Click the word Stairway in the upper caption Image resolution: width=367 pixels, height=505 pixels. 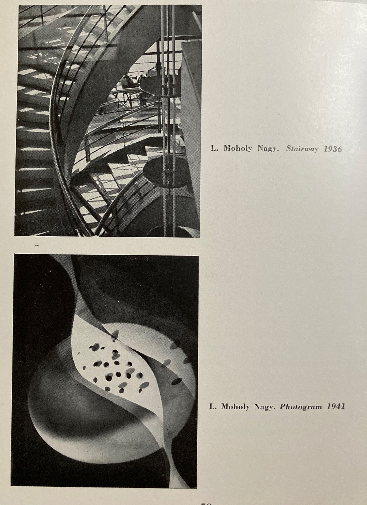tap(302, 149)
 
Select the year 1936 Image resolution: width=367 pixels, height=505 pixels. tap(332, 149)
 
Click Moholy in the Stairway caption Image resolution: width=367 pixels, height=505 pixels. tap(238, 149)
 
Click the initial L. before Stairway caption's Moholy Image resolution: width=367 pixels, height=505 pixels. tap(214, 149)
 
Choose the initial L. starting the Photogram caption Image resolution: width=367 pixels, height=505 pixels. tap(213, 407)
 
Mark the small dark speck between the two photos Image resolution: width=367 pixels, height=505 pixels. tap(37, 246)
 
